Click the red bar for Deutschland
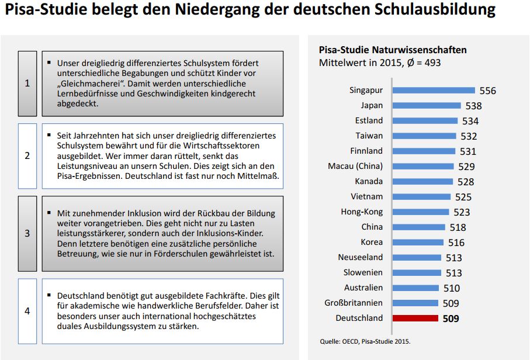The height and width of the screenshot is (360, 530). [x=415, y=319]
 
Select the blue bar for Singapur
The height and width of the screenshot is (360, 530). [x=434, y=91]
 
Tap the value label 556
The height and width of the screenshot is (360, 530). [x=487, y=91]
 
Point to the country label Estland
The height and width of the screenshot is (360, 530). [x=369, y=120]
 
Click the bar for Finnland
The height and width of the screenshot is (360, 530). [x=424, y=151]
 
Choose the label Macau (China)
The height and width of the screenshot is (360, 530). [x=355, y=166]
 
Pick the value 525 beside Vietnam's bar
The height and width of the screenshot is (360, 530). [x=463, y=197]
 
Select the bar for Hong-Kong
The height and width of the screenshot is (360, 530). [x=421, y=212]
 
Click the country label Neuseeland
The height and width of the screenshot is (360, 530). [x=361, y=257]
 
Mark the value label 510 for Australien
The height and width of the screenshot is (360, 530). [x=452, y=288]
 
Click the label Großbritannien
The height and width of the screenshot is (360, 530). [x=354, y=303]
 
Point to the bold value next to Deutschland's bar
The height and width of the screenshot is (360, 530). [x=451, y=319]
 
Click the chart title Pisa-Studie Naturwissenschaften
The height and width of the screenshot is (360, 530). [x=392, y=50]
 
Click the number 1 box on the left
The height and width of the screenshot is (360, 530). [x=27, y=83]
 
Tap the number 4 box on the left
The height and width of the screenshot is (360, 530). [x=27, y=311]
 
